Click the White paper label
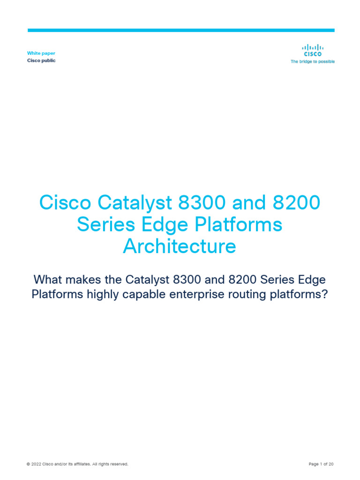[x=41, y=53]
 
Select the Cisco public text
[x=41, y=61]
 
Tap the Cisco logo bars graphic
[x=312, y=47]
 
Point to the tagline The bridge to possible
[x=313, y=61]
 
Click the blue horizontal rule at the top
[x=181, y=30]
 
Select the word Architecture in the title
[x=180, y=246]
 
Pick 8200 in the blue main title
[x=298, y=203]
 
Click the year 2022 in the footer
[x=37, y=464]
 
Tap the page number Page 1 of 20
[x=321, y=464]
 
